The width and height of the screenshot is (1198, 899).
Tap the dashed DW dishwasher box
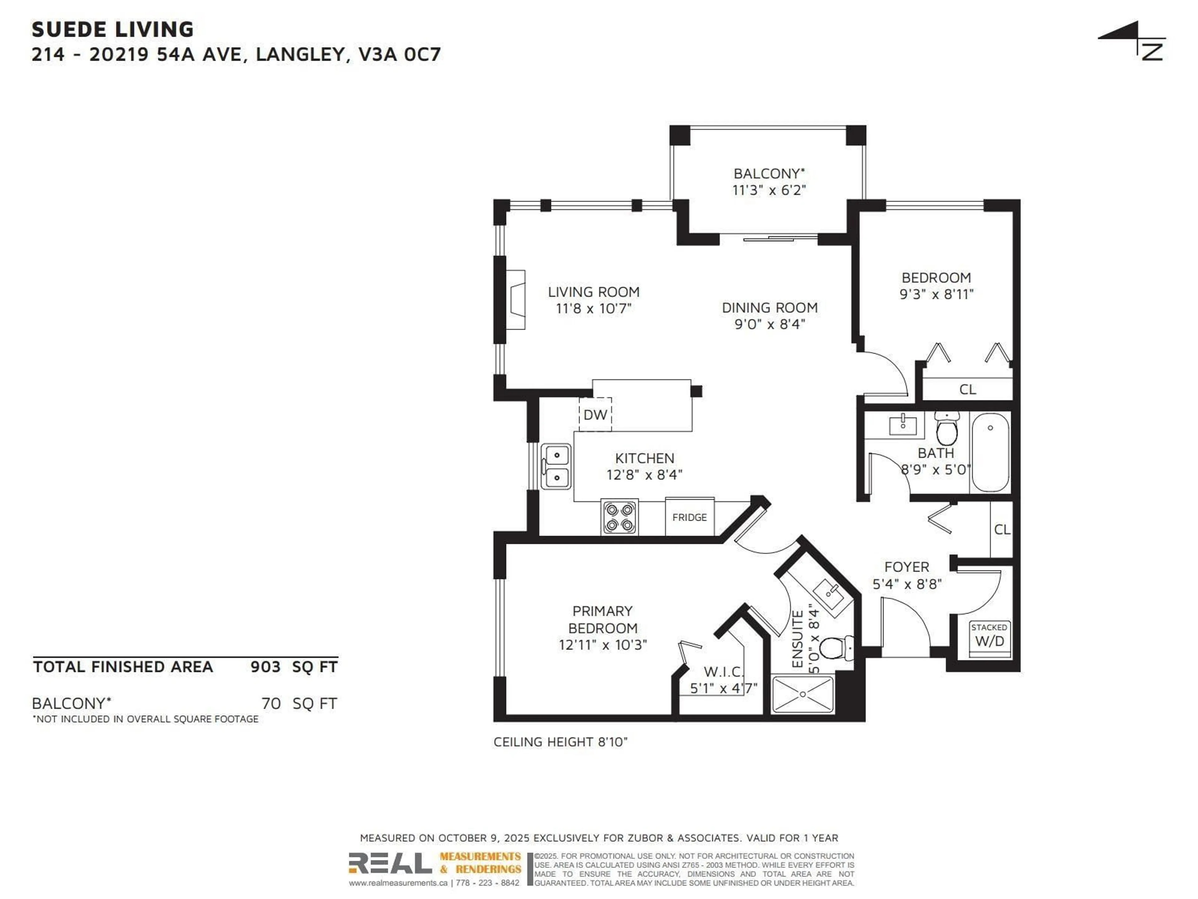595,415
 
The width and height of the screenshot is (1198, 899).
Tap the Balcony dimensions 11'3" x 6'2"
769,190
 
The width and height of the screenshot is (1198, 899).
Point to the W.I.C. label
723,672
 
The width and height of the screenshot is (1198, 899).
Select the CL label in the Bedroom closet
967,389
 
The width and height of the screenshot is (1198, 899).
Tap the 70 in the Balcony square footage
271,703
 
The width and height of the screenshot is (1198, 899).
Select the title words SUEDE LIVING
113,29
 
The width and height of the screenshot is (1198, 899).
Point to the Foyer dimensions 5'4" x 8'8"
907,584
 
